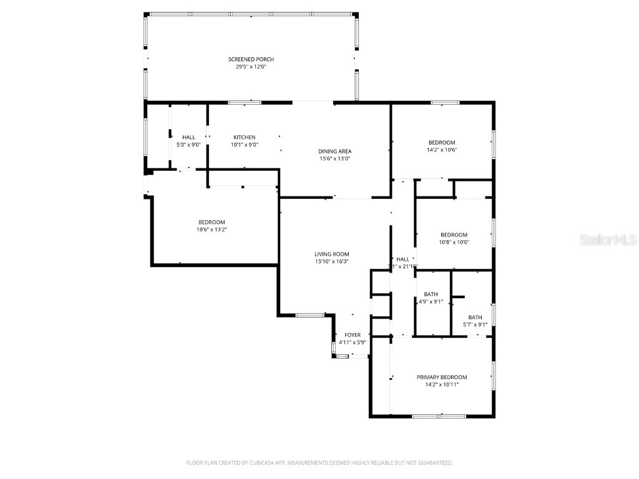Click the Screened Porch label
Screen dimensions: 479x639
pos(251,59)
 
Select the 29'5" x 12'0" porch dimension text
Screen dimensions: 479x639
pos(251,67)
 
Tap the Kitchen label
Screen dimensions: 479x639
pos(244,137)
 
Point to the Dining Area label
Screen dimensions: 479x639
pos(335,151)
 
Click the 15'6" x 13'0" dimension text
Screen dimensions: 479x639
pos(335,158)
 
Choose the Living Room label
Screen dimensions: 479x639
pos(331,254)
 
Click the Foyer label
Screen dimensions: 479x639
pos(353,335)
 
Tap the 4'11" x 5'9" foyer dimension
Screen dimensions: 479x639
pos(353,342)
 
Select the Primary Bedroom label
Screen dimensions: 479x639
pos(442,377)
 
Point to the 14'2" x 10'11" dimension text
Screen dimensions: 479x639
pos(442,385)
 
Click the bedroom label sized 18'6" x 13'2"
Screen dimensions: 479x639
pos(212,222)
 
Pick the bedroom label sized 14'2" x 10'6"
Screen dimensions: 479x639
pos(441,142)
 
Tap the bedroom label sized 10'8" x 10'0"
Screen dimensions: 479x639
pos(454,235)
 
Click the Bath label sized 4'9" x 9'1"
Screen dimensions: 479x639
pos(431,294)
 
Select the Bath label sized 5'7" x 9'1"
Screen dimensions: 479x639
pos(475,317)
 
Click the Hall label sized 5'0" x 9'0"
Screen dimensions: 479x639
pos(188,137)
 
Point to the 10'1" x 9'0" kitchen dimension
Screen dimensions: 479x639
pos(244,145)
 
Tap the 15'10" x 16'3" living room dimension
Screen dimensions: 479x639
pos(331,261)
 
